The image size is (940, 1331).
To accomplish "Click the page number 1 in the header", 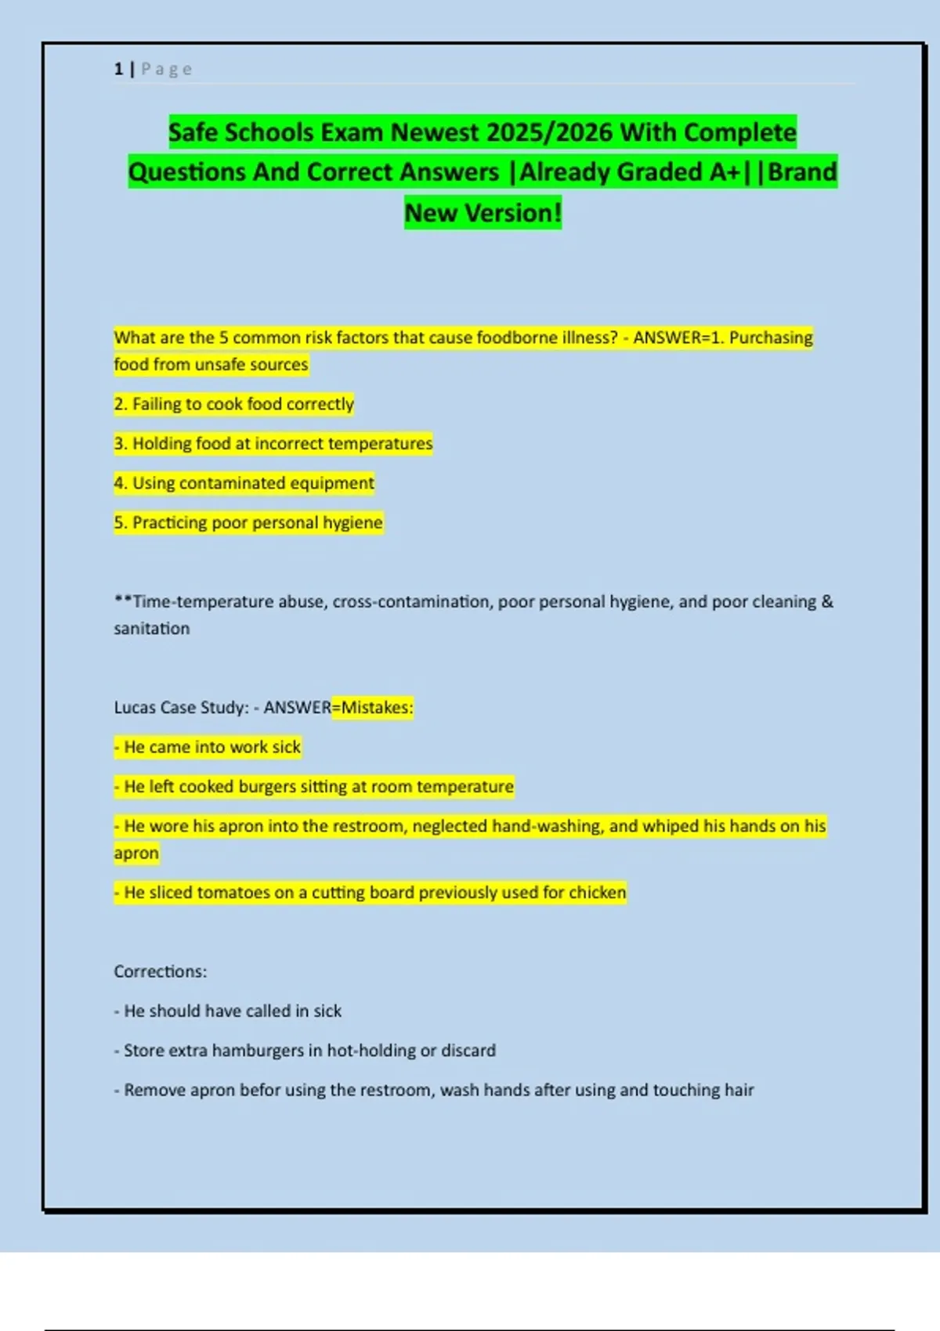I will [118, 69].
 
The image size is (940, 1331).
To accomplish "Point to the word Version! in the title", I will [513, 213].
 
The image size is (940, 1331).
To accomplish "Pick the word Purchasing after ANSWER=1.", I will [771, 337].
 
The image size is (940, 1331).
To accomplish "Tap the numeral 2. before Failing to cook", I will [121, 404].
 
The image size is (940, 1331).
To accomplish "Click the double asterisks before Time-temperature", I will [123, 601].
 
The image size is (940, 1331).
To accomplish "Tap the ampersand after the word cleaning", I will [827, 601].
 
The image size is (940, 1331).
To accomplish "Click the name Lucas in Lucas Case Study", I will [135, 708].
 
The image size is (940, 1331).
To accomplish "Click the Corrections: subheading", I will [161, 972].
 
